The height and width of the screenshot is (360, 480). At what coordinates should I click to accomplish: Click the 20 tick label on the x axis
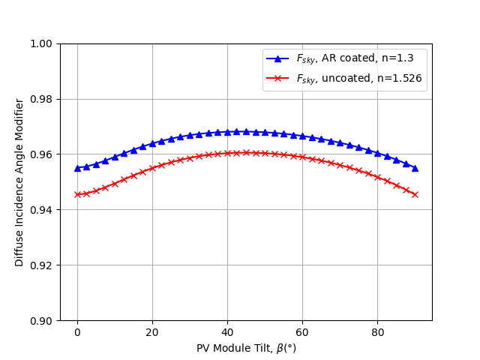[152, 331]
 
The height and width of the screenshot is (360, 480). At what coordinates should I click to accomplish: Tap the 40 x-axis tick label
[227, 331]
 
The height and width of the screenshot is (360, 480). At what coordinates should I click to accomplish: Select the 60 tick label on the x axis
[302, 331]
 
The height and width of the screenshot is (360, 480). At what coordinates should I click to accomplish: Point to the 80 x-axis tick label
[377, 331]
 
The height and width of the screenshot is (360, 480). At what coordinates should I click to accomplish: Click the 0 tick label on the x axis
[77, 331]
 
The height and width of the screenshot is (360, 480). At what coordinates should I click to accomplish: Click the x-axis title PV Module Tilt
[246, 348]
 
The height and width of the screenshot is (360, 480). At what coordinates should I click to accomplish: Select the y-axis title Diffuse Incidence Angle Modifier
[20, 182]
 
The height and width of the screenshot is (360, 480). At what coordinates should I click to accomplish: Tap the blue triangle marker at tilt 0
[77, 168]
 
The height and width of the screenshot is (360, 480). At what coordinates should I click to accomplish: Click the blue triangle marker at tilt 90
[415, 168]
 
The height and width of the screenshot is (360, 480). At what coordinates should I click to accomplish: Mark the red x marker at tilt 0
[77, 194]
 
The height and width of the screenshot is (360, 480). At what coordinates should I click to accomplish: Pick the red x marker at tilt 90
[415, 194]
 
